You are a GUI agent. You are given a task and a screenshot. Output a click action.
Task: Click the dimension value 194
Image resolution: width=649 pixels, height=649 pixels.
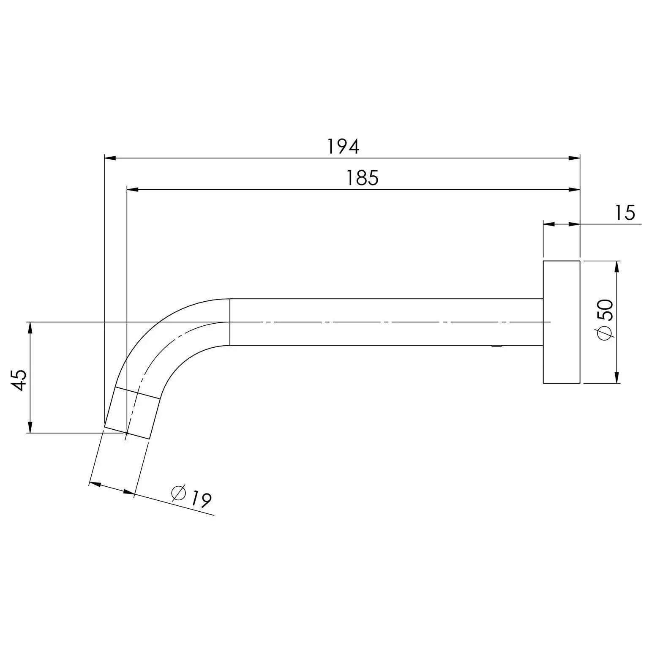coord(343,147)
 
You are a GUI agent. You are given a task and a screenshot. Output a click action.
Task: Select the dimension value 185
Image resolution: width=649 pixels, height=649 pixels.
coord(362,178)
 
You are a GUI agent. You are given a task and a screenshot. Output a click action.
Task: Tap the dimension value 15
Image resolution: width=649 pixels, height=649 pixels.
coord(625,213)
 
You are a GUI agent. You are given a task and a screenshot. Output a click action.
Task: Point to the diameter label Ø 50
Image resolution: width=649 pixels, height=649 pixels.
coord(605,319)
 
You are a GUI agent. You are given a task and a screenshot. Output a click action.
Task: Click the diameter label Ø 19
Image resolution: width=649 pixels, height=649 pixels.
coord(191,497)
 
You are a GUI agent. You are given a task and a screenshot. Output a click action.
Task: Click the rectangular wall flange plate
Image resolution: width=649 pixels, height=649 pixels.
coord(561,322)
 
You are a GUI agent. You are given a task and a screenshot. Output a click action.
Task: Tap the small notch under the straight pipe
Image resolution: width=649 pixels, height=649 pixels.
coord(496,346)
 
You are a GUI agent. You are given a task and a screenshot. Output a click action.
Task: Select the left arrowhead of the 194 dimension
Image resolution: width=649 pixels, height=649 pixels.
coord(110,158)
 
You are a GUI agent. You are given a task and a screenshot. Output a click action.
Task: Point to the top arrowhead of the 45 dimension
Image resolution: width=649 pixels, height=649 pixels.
coord(30,327)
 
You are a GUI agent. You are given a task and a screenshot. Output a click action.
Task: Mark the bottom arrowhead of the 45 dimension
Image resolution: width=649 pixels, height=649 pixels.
coord(30,427)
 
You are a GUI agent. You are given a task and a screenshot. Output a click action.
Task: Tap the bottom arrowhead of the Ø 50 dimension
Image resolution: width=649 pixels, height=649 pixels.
coord(617,378)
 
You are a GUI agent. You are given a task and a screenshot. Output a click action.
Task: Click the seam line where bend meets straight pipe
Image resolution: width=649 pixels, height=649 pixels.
coord(229,322)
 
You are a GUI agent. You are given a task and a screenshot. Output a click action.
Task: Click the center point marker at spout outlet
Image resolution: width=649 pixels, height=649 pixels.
coord(126,433)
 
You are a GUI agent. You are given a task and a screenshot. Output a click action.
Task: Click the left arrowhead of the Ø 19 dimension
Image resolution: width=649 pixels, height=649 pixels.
coord(96,484)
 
